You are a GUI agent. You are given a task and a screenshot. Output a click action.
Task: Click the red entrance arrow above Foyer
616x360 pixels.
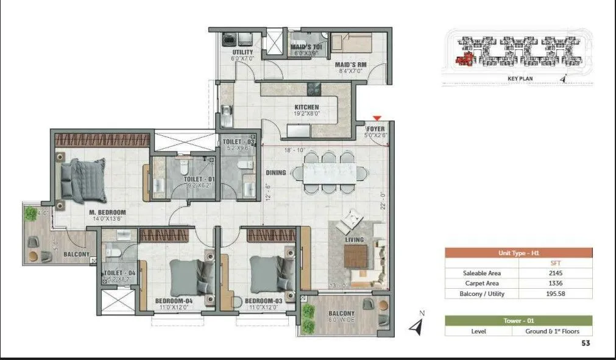[x=378, y=118]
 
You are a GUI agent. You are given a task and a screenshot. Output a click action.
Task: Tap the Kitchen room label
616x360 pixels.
[x=307, y=107]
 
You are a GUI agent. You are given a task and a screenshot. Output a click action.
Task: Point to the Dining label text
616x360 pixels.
[x=275, y=173]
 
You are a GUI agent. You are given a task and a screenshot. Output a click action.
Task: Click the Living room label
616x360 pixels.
[x=354, y=239]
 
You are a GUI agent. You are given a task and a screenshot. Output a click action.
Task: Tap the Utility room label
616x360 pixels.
[x=242, y=52]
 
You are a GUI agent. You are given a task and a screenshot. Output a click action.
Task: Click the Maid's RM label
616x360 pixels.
[x=350, y=64]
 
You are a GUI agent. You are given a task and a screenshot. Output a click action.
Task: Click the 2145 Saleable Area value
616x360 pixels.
[x=556, y=274]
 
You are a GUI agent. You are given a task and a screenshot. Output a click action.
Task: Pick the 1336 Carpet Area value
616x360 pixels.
[x=556, y=283]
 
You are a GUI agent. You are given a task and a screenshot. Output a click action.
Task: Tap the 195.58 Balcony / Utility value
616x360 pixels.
[x=556, y=294]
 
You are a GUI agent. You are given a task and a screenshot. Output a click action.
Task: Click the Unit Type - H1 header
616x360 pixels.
[x=519, y=253]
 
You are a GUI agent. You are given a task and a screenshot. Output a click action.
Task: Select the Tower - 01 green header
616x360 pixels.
[x=519, y=320]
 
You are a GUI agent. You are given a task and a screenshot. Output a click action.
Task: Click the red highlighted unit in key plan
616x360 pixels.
[x=467, y=58]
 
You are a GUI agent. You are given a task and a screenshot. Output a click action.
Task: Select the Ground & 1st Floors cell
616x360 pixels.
[x=556, y=331]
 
